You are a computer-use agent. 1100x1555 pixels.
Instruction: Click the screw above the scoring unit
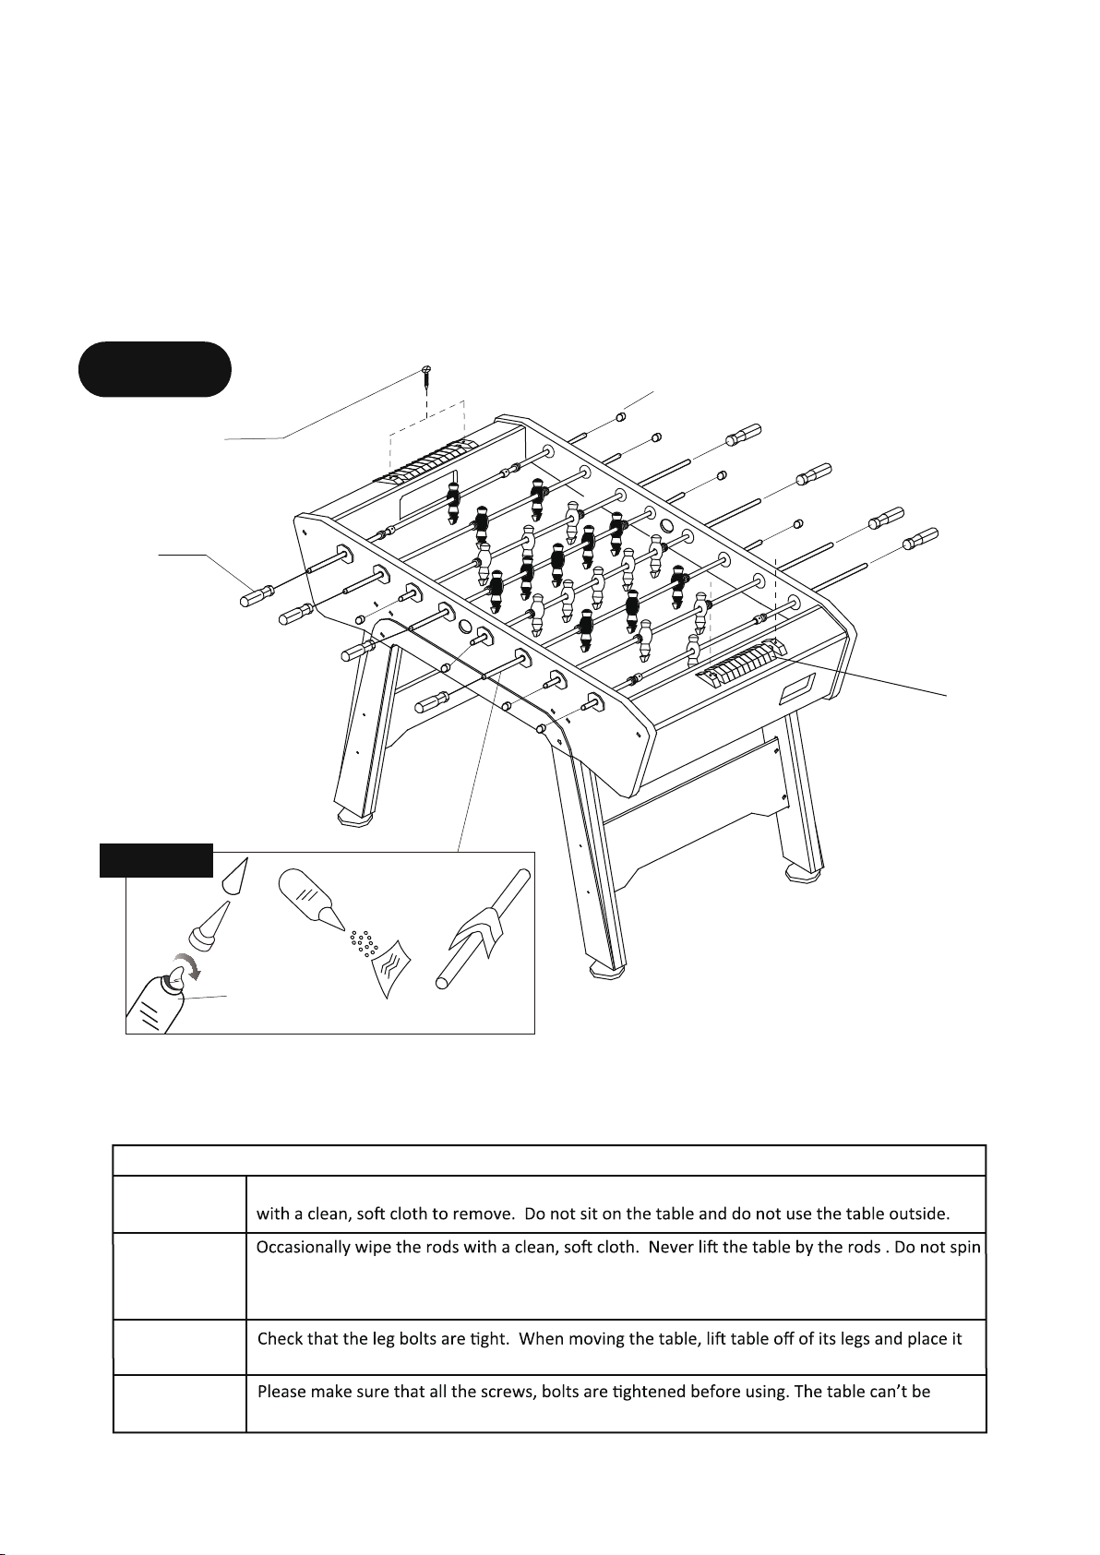pos(427,378)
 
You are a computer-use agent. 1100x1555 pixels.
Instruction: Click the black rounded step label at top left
pos(155,369)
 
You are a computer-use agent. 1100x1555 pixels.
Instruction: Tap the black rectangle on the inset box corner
pos(156,860)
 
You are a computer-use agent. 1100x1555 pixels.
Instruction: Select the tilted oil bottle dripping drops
pos(310,899)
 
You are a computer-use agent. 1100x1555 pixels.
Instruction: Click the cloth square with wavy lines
pos(391,967)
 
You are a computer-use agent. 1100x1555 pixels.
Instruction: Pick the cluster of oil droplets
pos(365,943)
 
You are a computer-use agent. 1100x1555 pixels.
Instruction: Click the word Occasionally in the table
pos(303,1248)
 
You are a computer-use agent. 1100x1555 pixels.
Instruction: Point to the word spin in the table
pos(965,1249)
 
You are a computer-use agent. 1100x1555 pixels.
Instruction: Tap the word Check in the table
pos(279,1338)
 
